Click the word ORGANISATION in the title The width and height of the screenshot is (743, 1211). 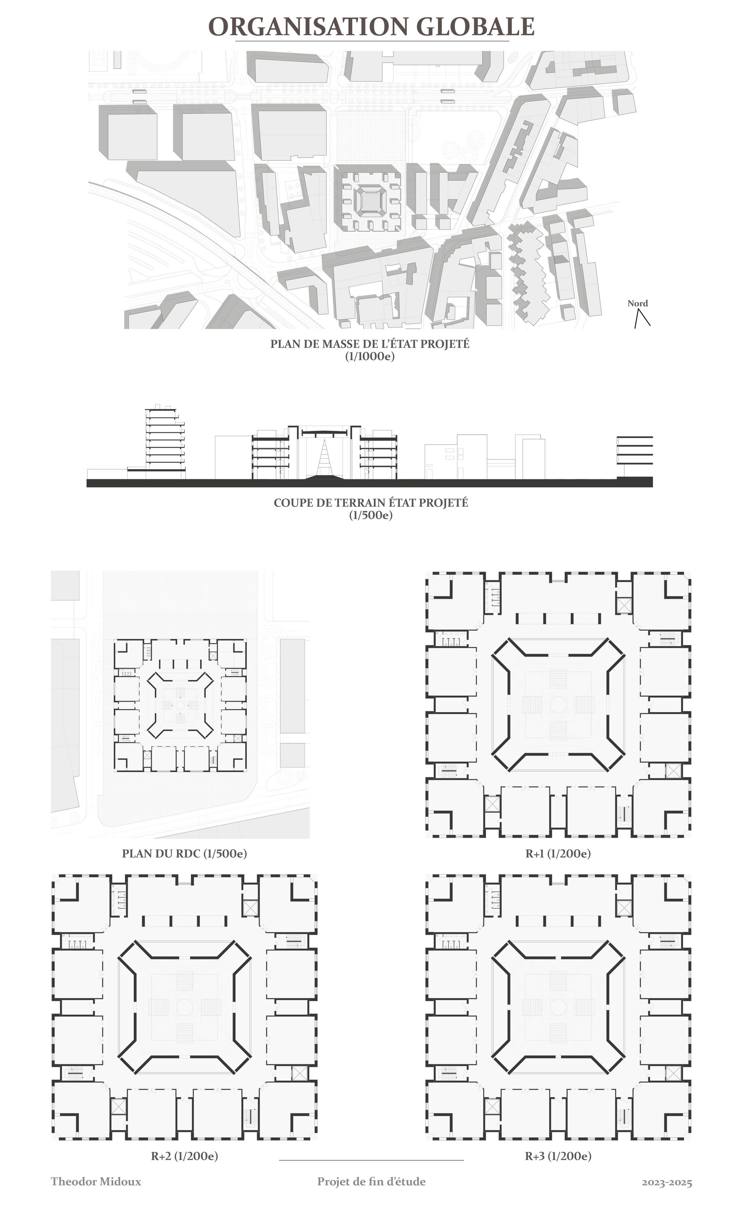click(x=309, y=27)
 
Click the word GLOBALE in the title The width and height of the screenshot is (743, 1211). click(x=476, y=27)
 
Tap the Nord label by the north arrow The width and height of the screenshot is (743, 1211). click(x=637, y=303)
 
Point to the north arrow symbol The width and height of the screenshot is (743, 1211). click(x=642, y=318)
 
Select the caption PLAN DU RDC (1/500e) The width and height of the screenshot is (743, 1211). click(x=184, y=853)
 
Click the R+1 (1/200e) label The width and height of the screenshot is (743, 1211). click(x=558, y=853)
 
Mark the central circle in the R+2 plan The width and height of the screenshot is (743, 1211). click(x=184, y=1006)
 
